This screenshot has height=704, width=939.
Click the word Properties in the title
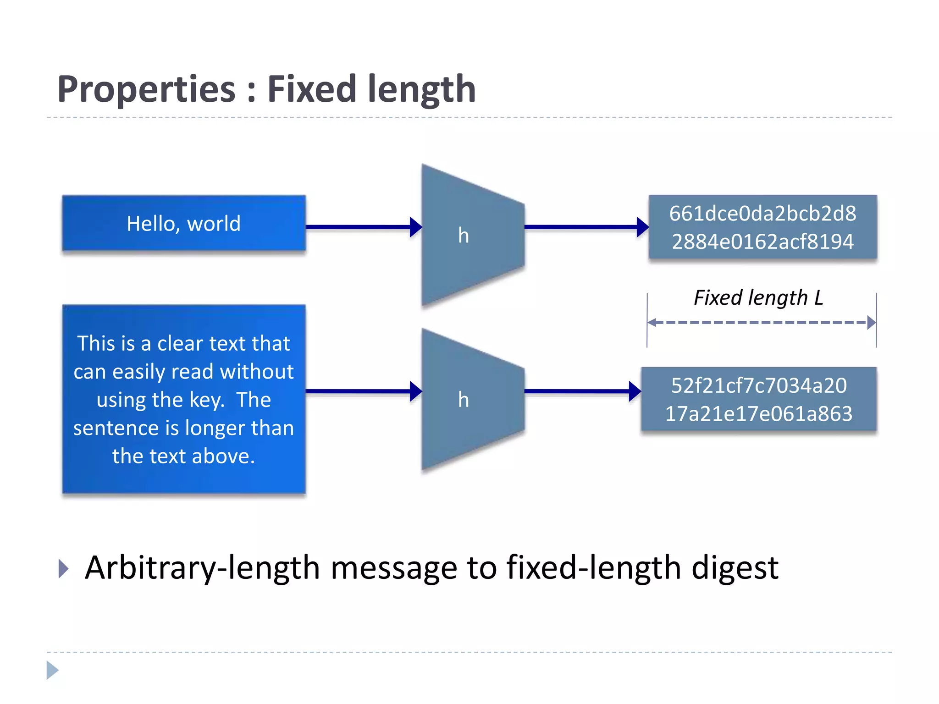[x=146, y=89]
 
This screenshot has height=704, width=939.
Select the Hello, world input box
[x=183, y=224]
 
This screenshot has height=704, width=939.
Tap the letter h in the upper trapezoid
[x=463, y=235]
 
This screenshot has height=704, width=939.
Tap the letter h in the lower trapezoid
[x=463, y=400]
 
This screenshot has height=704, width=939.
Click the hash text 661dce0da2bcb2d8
[x=762, y=214]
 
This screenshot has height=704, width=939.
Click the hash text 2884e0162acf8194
[x=762, y=242]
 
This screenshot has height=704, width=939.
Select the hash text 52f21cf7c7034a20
[x=758, y=385]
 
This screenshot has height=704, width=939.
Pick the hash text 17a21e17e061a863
[x=758, y=413]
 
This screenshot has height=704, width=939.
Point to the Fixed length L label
[x=758, y=298]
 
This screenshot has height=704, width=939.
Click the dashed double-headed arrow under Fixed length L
[x=761, y=323]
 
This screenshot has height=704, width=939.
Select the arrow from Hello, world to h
[x=362, y=227]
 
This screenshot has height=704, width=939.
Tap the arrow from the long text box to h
[x=362, y=391]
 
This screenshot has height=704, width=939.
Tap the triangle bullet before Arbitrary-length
[x=64, y=569]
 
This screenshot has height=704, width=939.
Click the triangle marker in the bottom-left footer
[x=52, y=670]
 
